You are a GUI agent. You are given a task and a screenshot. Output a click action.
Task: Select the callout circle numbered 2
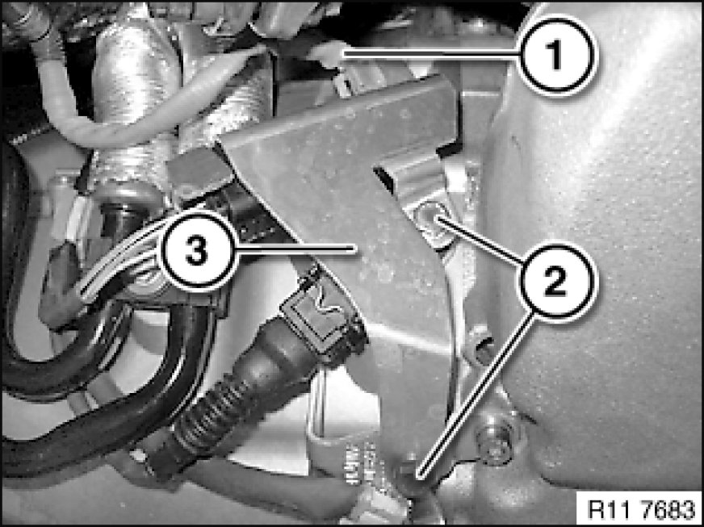click(558, 282)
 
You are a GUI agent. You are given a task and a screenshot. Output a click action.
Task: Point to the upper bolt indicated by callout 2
click(430, 217)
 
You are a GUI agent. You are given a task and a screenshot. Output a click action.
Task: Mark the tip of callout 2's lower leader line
click(418, 474)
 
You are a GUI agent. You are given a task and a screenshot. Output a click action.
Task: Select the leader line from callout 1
click(430, 55)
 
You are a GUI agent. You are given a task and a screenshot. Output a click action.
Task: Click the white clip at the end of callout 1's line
click(329, 55)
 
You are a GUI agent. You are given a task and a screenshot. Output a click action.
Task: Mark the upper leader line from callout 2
click(480, 240)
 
